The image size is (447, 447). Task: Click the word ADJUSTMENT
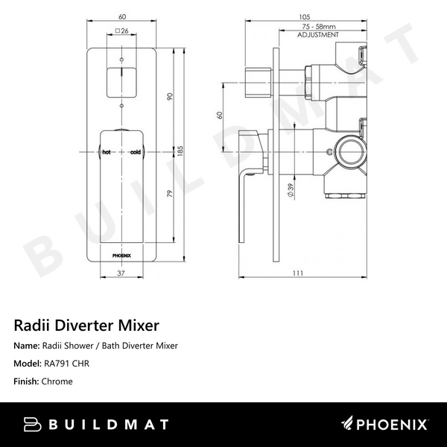click(318, 35)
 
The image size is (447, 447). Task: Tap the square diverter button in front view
click(121, 81)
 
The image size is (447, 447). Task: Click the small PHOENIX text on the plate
click(121, 253)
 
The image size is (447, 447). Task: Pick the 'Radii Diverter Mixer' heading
click(86, 326)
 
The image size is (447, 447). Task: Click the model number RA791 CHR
click(73, 364)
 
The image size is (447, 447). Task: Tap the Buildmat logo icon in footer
click(32, 425)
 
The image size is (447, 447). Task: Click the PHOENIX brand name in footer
click(394, 425)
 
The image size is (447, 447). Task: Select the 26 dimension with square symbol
click(124, 31)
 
